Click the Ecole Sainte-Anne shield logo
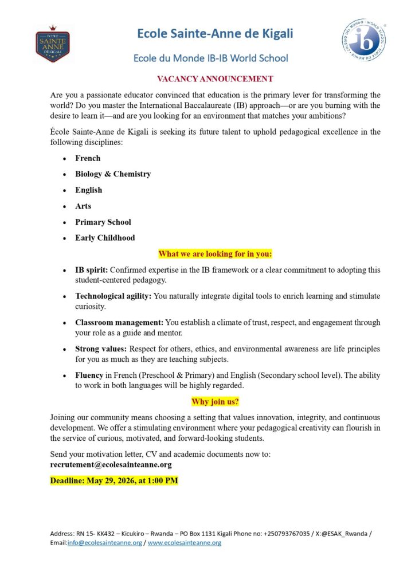[52, 44]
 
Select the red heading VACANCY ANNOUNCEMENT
[207, 79]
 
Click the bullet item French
[88, 158]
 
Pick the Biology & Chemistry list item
[113, 174]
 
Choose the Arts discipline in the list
[83, 206]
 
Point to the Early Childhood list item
[105, 238]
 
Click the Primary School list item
[103, 222]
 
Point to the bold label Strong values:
[101, 349]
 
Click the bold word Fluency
[89, 375]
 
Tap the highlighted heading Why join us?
[215, 402]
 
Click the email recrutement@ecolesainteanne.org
[111, 465]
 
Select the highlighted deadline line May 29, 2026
[114, 480]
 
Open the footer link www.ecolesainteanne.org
[185, 543]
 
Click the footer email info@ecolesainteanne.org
[104, 543]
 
